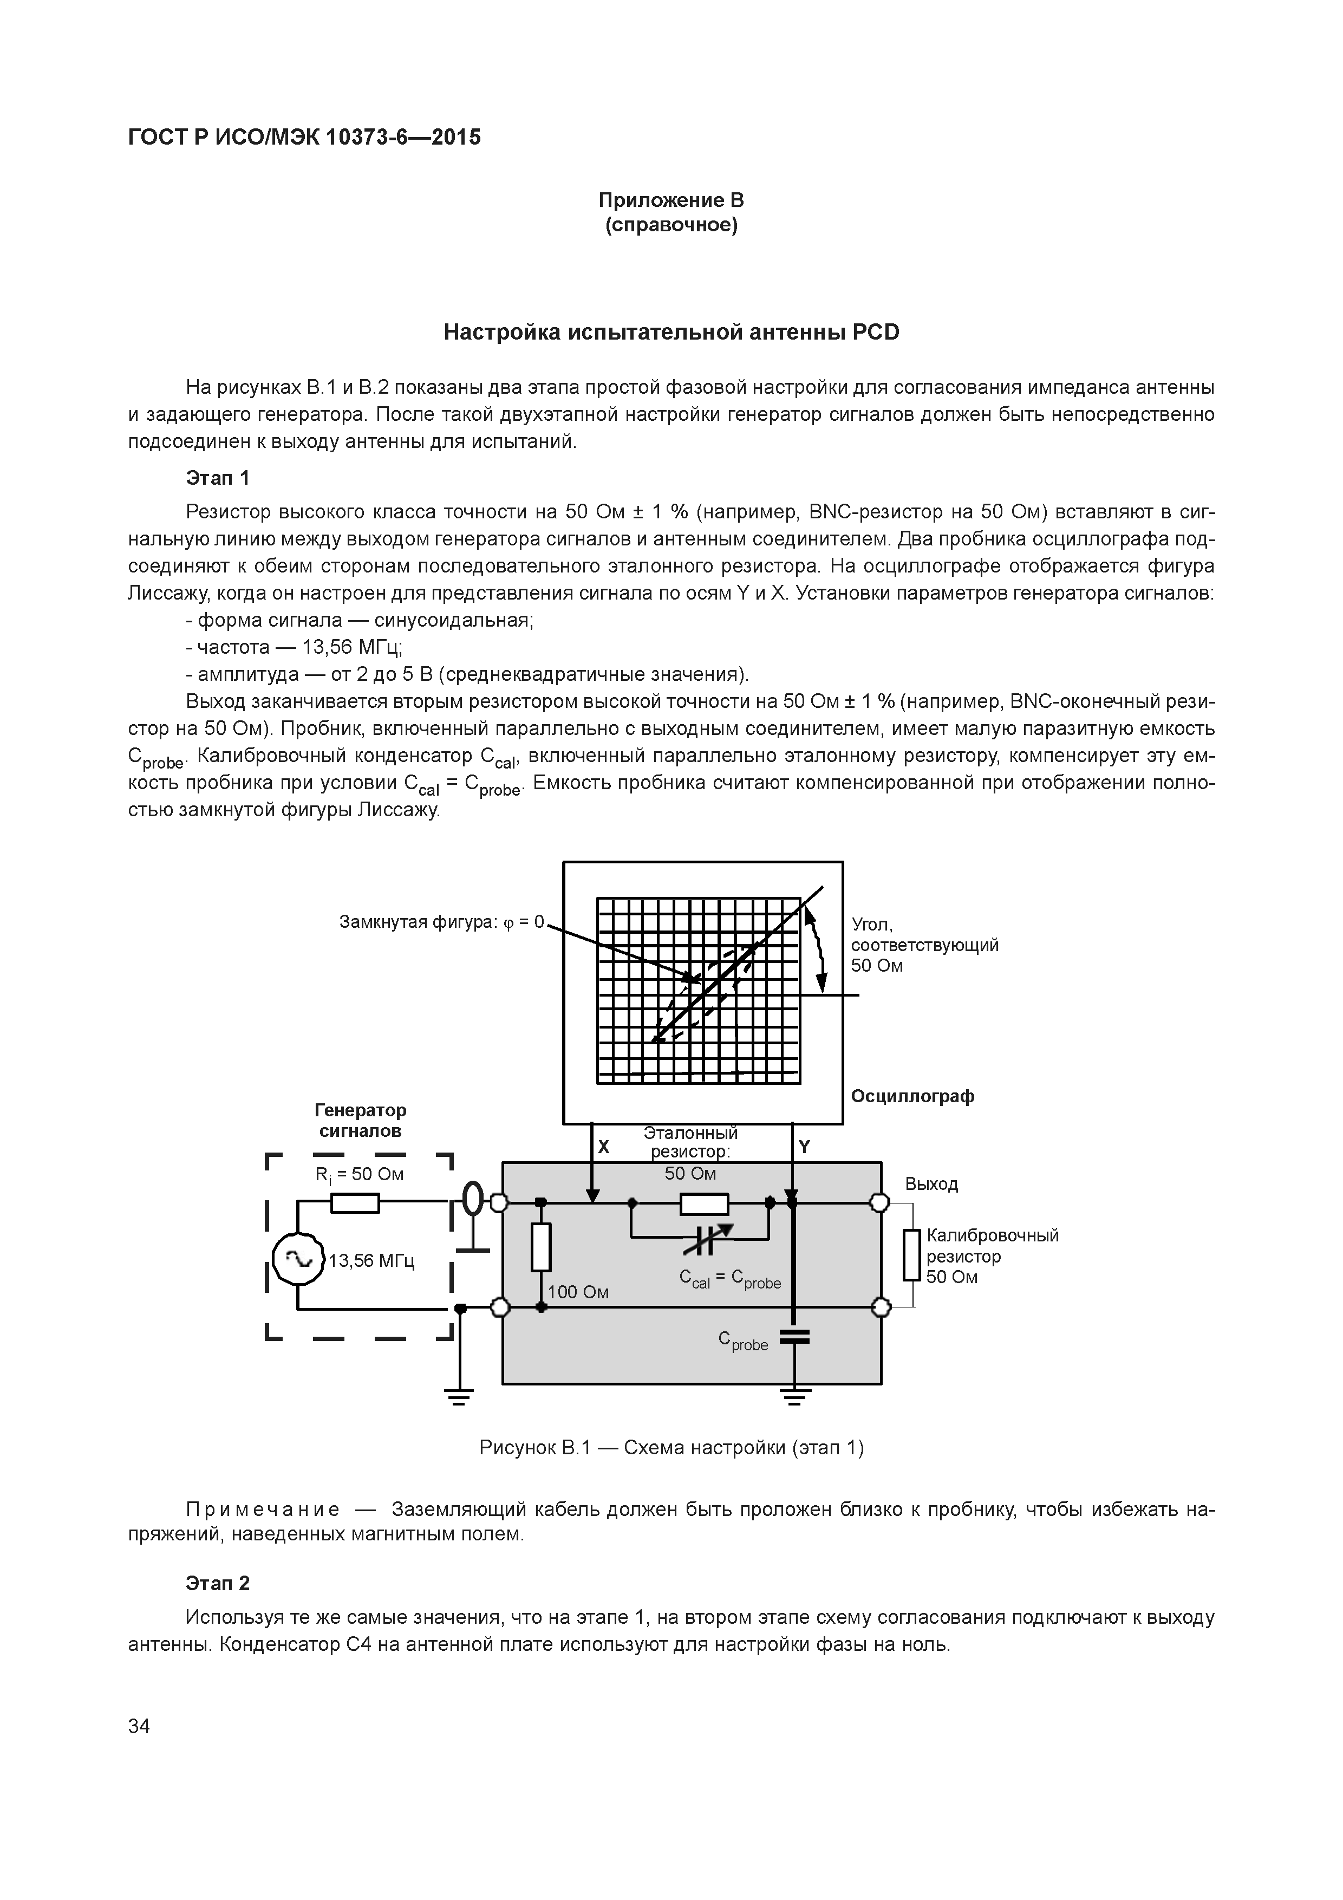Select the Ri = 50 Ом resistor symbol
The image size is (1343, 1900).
[x=355, y=1202]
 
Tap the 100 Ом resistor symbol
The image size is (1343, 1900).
[x=541, y=1247]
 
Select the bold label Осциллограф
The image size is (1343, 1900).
[x=912, y=1096]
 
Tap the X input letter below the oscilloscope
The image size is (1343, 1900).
[x=604, y=1147]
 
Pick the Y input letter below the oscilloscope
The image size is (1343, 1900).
[x=804, y=1147]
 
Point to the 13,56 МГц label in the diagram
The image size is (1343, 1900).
[x=371, y=1260]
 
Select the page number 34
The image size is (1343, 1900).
[x=139, y=1726]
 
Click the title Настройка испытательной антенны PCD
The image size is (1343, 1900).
[x=671, y=332]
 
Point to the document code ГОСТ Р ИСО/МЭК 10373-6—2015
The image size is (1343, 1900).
[x=304, y=136]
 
